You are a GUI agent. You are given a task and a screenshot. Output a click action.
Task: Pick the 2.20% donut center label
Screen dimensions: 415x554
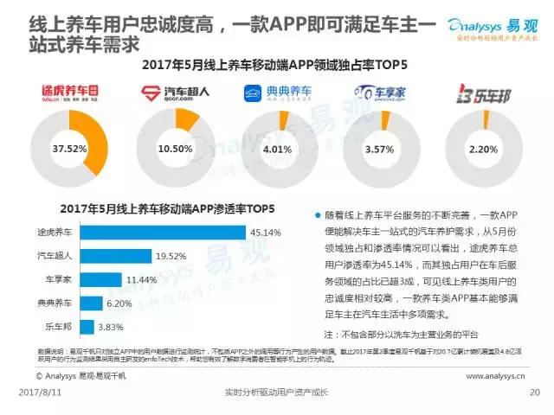point(481,149)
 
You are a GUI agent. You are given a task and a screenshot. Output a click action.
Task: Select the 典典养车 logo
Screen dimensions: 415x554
point(277,93)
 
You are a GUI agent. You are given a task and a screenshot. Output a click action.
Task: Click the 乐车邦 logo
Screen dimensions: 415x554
point(481,93)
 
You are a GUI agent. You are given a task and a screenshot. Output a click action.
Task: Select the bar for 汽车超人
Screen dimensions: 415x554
point(113,257)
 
